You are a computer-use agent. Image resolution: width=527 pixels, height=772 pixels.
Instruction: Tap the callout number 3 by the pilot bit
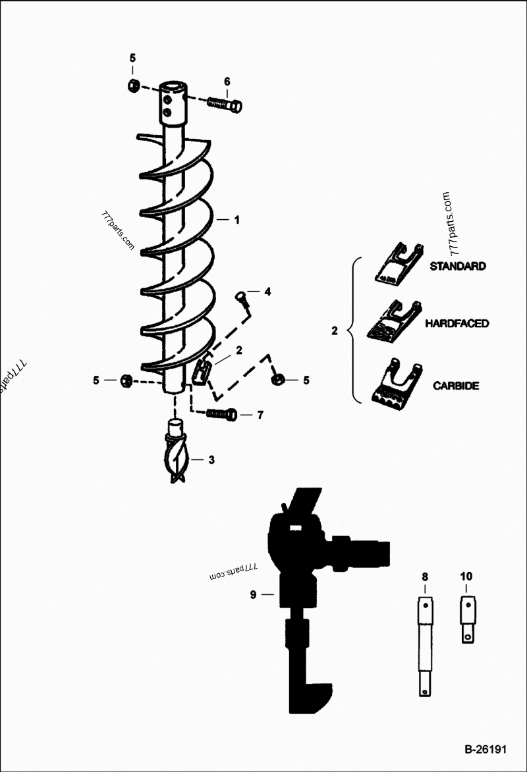(x=211, y=460)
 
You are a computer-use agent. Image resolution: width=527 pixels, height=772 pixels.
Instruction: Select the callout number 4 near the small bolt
(x=267, y=291)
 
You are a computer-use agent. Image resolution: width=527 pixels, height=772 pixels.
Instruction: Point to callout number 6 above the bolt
(x=227, y=82)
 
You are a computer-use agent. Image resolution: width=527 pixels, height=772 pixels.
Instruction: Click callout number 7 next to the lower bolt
(x=260, y=415)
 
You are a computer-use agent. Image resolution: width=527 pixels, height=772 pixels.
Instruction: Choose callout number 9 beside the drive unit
(x=252, y=594)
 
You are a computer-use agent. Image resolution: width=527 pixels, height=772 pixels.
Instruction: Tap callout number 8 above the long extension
(x=425, y=577)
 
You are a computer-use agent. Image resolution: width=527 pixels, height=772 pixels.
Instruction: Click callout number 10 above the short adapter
(x=466, y=577)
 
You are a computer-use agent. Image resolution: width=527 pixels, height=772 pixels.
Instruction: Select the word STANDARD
(x=458, y=267)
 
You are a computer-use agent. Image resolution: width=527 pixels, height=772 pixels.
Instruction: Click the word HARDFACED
(x=457, y=324)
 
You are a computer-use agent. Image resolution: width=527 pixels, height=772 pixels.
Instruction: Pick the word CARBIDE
(x=456, y=386)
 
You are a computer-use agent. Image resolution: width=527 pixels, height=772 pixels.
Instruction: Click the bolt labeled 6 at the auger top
(x=225, y=104)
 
